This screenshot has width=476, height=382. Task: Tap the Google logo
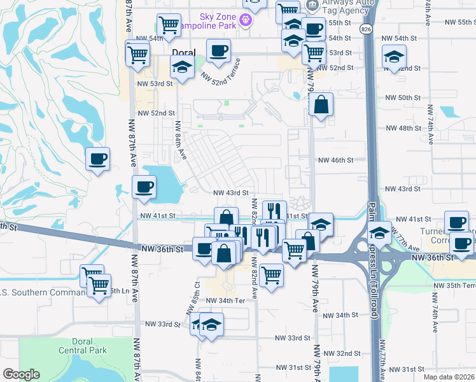tap(21, 374)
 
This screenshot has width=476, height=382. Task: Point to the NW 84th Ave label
tap(181, 141)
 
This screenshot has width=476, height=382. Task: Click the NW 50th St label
tap(403, 97)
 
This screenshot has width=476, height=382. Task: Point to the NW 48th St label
tap(403, 128)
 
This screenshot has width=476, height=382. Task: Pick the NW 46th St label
tap(335, 160)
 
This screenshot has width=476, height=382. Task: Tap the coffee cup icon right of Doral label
tap(218, 52)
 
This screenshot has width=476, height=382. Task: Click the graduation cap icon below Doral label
tap(182, 67)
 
